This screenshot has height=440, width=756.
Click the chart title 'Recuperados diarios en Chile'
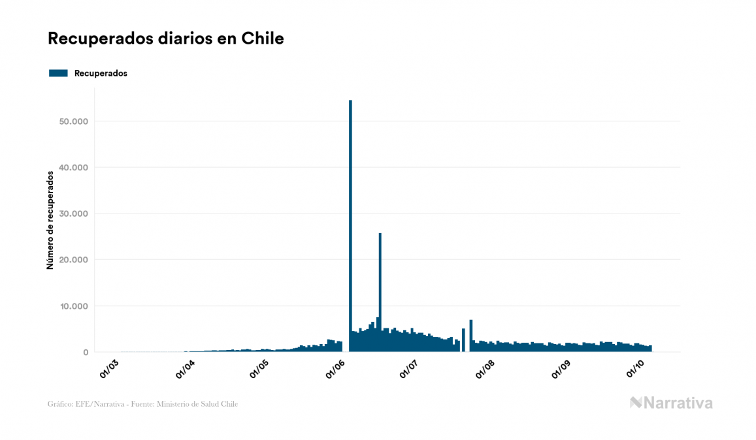166,39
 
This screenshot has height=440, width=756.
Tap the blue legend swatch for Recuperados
58,73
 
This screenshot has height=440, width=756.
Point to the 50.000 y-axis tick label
73,121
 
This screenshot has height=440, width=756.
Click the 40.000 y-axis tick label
73,168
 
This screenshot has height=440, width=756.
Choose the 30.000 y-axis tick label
73,213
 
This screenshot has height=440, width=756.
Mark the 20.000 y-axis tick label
73,260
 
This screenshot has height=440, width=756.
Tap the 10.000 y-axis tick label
73,306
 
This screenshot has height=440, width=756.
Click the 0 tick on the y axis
85,353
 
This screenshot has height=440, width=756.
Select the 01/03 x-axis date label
109,368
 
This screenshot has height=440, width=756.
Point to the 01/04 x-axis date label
186,368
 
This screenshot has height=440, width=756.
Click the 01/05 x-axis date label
260,368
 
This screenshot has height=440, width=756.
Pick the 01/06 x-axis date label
337,368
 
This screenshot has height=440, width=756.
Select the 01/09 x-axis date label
563,368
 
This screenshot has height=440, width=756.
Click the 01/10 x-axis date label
637,368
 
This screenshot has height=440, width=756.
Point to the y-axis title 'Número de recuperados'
50,220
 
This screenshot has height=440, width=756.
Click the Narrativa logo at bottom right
671,403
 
